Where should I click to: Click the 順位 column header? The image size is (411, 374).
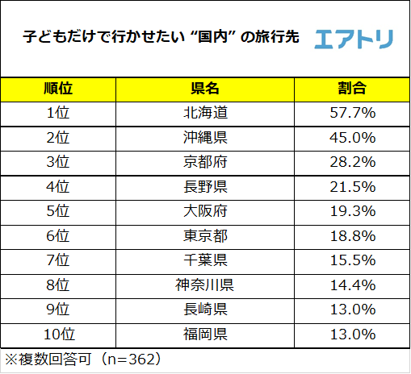[x=58, y=88]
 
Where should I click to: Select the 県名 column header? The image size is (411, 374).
[x=205, y=88]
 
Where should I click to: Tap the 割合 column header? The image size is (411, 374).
[x=351, y=88]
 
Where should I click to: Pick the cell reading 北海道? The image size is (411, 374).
[x=205, y=112]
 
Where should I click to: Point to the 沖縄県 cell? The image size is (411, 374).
[x=205, y=137]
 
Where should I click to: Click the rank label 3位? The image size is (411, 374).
[x=58, y=162]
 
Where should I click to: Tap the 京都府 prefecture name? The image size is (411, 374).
[x=205, y=162]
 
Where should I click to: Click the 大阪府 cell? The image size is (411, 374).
[x=205, y=211]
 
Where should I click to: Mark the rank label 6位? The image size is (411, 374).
[x=58, y=236]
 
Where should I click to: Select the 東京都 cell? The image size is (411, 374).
[x=205, y=236]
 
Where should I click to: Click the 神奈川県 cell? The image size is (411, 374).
[x=205, y=285]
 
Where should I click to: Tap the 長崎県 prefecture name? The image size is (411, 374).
[x=205, y=310]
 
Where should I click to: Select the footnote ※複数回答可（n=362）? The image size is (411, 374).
[x=85, y=357]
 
